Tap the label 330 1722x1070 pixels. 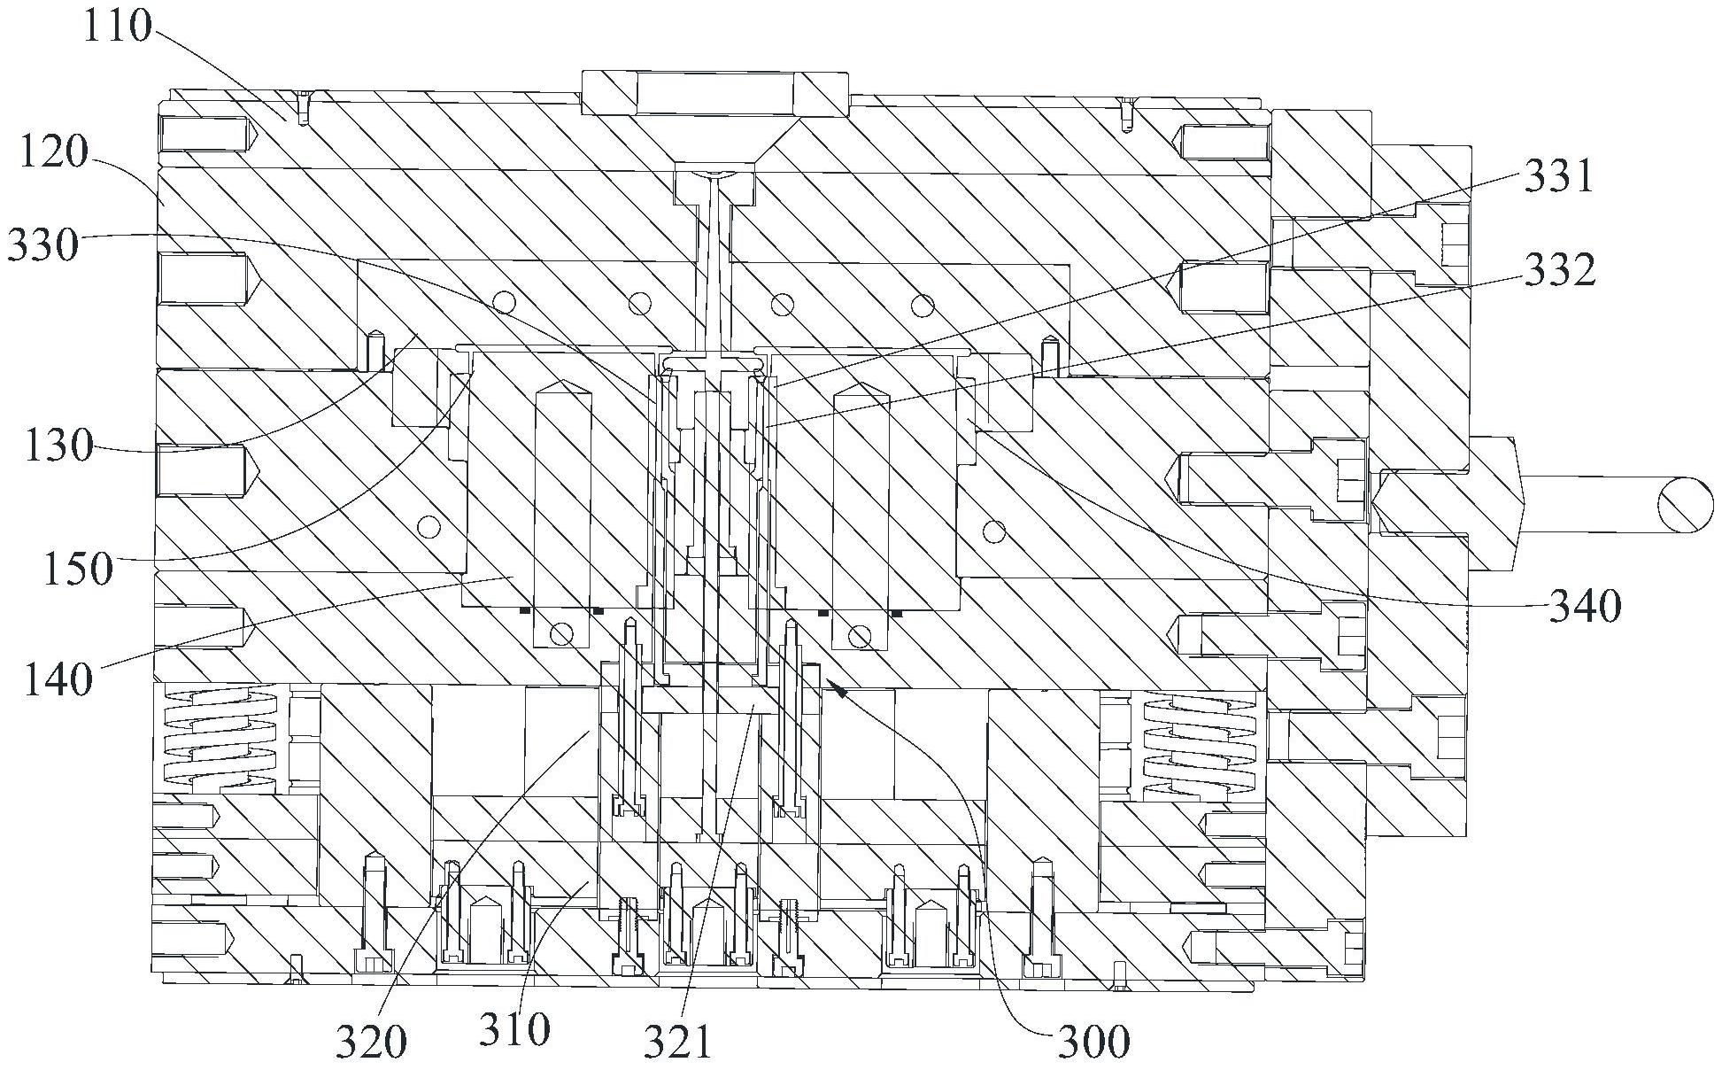[43, 244]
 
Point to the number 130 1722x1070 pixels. [58, 446]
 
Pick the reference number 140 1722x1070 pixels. [58, 679]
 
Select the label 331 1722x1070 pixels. [1558, 177]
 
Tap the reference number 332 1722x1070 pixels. [1560, 270]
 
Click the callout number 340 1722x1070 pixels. [1585, 607]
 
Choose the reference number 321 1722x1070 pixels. [676, 1043]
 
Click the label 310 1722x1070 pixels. [515, 1029]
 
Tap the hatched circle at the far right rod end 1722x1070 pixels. [1685, 506]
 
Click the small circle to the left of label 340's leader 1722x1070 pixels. [993, 531]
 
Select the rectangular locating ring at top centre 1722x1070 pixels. [714, 92]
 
